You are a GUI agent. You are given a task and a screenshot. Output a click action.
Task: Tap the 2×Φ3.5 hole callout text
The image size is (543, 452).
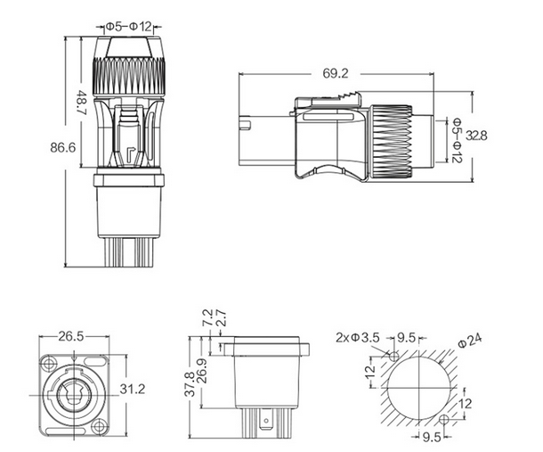pyautogui.click(x=358, y=338)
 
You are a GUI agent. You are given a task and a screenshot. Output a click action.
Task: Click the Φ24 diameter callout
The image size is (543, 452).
pyautogui.click(x=470, y=339)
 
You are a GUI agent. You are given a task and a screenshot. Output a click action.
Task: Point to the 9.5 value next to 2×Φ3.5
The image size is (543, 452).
pyautogui.click(x=407, y=337)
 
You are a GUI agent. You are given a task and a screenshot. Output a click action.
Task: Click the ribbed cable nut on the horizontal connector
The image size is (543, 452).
pyautogui.click(x=392, y=136)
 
